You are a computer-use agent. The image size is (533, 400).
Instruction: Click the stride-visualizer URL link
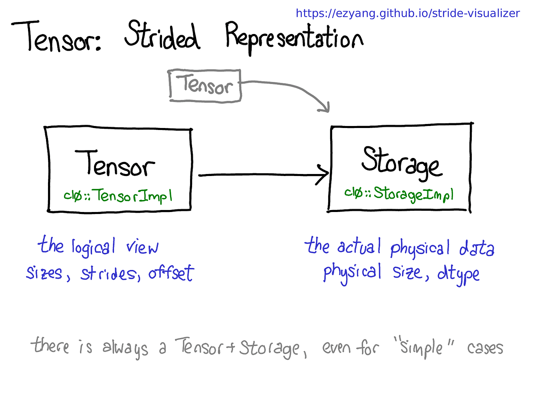[x=407, y=13]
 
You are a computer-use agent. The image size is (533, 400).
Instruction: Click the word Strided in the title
[x=162, y=36]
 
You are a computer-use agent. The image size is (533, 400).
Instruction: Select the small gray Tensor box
[x=205, y=86]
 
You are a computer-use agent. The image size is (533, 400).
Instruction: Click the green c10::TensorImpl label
[x=118, y=196]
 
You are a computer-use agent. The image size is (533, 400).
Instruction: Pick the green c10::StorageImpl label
[x=399, y=194]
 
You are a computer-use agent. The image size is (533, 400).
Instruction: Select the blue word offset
[x=171, y=273]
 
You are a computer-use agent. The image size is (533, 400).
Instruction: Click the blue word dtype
[x=458, y=274]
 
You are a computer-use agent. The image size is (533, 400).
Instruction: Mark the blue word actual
[x=359, y=246]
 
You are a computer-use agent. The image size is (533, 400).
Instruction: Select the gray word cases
[x=485, y=348]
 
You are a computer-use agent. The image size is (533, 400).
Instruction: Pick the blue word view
[x=142, y=248]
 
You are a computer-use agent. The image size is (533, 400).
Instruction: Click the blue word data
[x=477, y=248]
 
